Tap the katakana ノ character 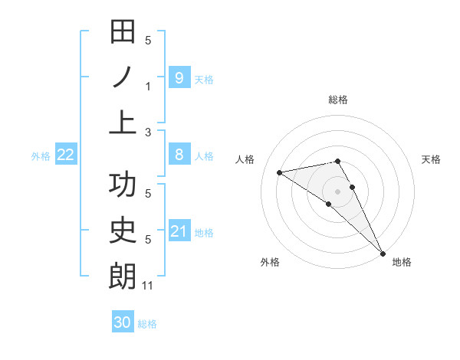pyautogui.click(x=123, y=77)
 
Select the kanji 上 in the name pyautogui.click(x=123, y=122)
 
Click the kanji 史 pyautogui.click(x=123, y=231)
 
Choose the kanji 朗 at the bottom pyautogui.click(x=123, y=276)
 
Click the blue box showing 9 pyautogui.click(x=179, y=77)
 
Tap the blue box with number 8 pyautogui.click(x=179, y=155)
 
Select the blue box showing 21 pyautogui.click(x=179, y=231)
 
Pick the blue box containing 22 pyautogui.click(x=66, y=155)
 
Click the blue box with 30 pyautogui.click(x=122, y=322)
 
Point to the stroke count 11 pyautogui.click(x=148, y=286)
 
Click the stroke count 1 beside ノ pyautogui.click(x=148, y=87)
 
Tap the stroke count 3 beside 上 pyautogui.click(x=148, y=132)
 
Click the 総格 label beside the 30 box pyautogui.click(x=148, y=324)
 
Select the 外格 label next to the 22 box pyautogui.click(x=41, y=156)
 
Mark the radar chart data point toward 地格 pyautogui.click(x=383, y=252)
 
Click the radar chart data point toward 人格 pyautogui.click(x=280, y=172)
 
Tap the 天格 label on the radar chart pyautogui.click(x=431, y=159)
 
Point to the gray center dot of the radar pyautogui.click(x=338, y=191)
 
